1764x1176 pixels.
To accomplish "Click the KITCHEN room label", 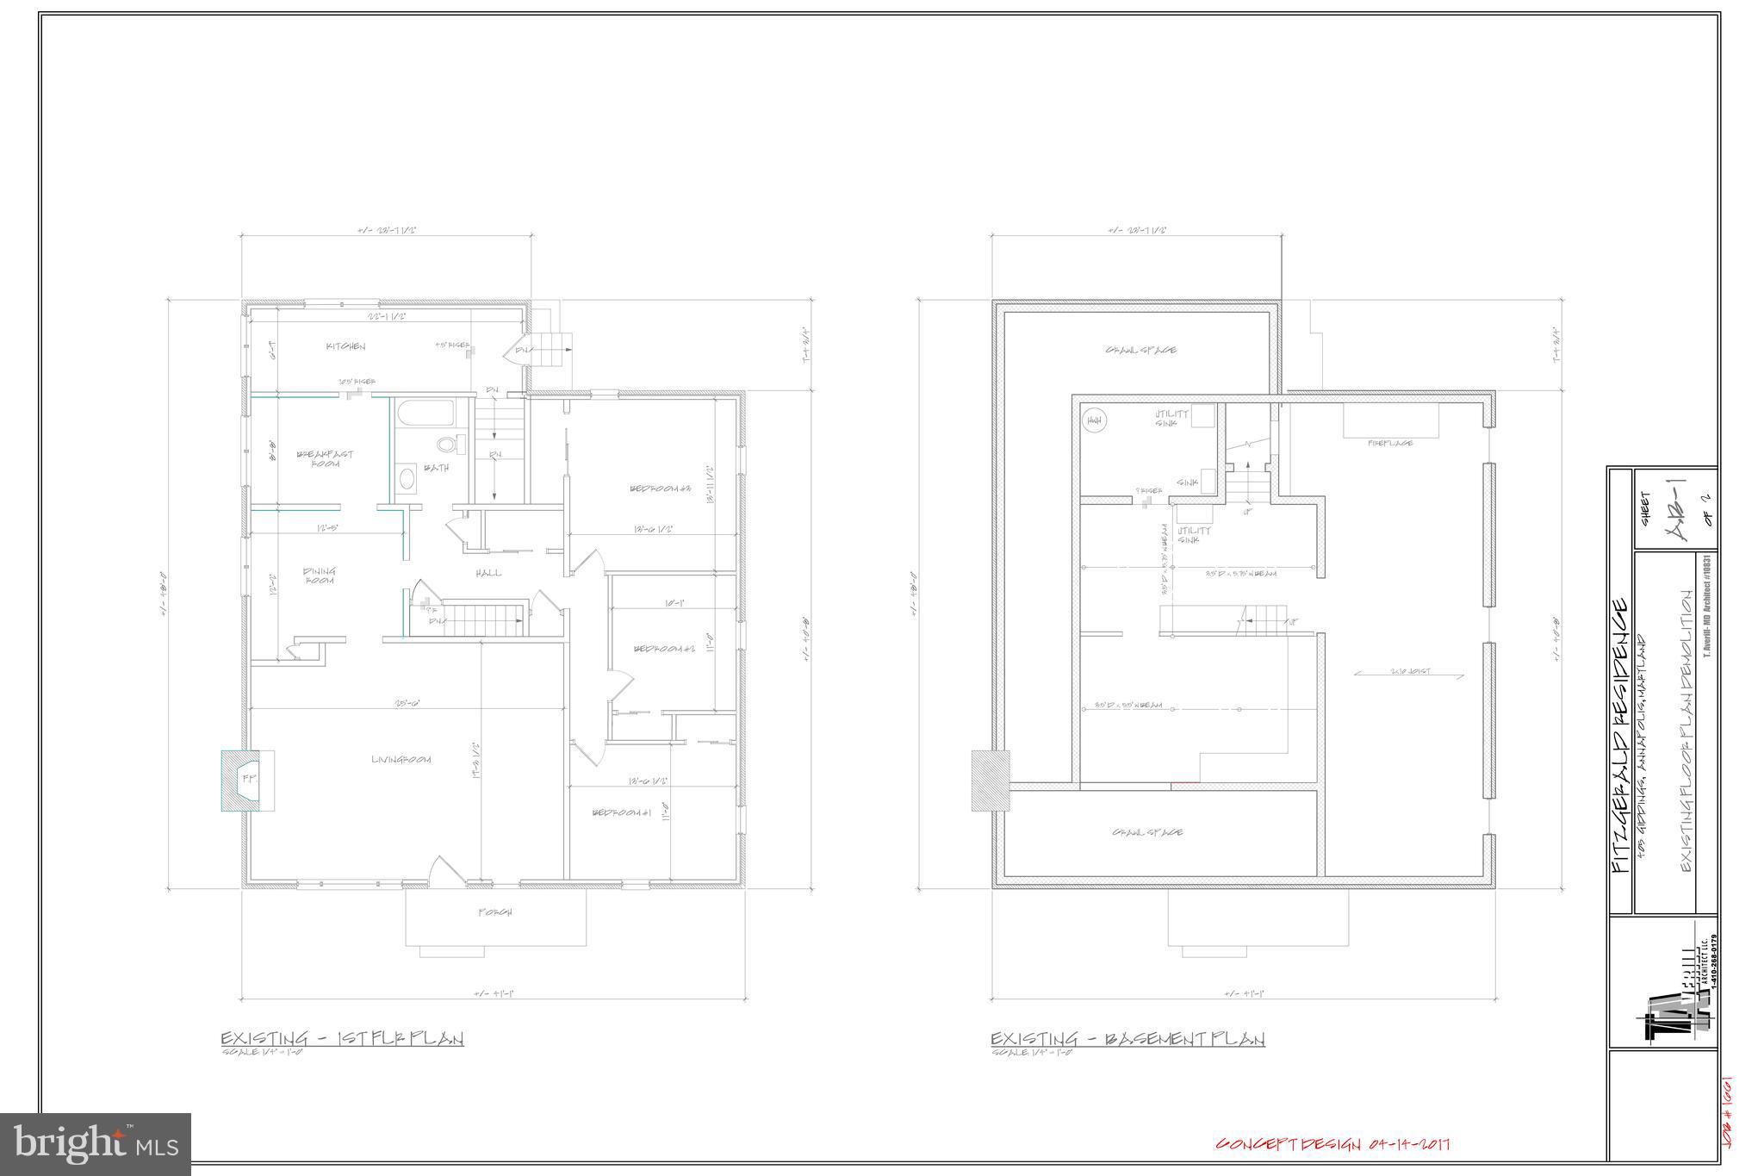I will click(345, 347).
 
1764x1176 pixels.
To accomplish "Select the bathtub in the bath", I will click(425, 412).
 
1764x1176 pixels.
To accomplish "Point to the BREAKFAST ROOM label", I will click(325, 458).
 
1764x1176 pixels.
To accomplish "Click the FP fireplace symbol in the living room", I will click(248, 780).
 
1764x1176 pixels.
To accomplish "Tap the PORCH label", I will click(495, 912).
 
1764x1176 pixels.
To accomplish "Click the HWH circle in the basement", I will click(1095, 420).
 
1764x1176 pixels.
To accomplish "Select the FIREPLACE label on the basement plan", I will click(1390, 443).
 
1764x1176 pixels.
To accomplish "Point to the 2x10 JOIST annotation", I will click(1408, 671).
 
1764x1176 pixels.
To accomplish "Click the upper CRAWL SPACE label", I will click(1140, 351).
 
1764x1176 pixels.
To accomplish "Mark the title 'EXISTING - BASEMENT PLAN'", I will click(1127, 1039).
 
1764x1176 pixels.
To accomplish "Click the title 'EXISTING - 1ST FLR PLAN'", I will click(342, 1039).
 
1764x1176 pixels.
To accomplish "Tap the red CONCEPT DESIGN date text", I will click(1332, 1144).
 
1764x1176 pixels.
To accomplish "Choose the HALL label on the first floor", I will click(488, 573).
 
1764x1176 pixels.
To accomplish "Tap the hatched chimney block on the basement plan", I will click(991, 781).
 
